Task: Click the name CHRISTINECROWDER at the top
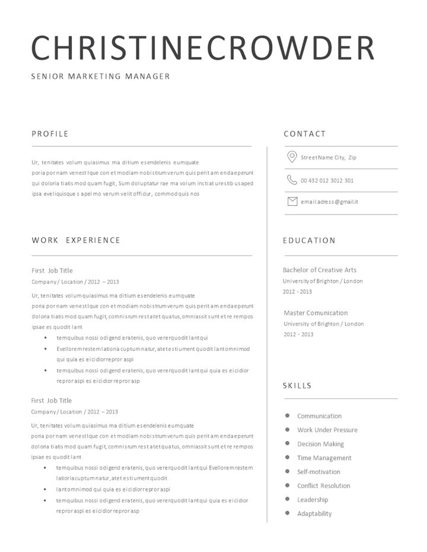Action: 203,48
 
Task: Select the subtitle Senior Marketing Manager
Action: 101,76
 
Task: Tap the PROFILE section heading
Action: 50,134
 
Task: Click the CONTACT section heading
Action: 305,134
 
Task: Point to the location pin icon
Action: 292,157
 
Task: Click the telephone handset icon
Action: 292,180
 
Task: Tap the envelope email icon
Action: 292,202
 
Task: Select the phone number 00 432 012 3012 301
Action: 327,181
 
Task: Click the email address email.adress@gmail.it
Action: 329,202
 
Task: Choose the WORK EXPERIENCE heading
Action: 76,240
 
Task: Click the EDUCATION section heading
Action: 309,240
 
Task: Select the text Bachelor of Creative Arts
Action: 320,270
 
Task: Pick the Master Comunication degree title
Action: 316,313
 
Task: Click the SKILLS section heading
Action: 297,386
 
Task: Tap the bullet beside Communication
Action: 287,416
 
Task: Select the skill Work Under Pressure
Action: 327,430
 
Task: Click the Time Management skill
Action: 324,458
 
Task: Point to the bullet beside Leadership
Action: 287,499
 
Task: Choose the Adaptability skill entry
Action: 314,513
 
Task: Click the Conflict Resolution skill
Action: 324,486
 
